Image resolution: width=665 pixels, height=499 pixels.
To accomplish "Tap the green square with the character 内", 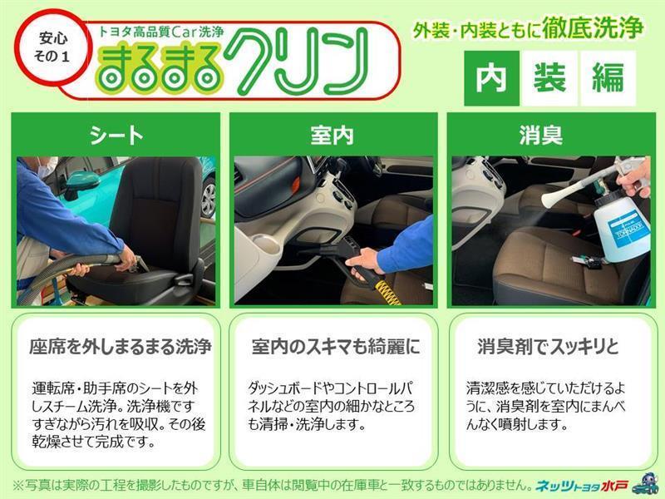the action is coord(491,78).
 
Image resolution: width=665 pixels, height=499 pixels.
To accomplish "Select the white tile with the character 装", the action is coord(549,78).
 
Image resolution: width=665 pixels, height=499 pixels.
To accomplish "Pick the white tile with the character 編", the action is coord(608,78).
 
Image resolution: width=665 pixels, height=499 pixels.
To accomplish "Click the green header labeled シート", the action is coord(116,136).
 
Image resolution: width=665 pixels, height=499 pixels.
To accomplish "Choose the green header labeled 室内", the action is coord(333,136).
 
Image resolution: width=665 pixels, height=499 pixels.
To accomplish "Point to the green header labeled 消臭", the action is coord(551,136).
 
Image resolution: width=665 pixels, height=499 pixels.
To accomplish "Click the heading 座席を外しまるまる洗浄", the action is coord(121,347).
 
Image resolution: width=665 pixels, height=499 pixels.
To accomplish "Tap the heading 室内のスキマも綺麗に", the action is coord(336,347).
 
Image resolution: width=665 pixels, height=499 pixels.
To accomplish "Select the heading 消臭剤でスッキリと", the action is coord(548,347).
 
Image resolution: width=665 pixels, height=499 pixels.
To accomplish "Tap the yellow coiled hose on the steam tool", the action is coord(386,292).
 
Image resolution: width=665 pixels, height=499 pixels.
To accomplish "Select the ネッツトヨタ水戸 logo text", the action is coord(582,486).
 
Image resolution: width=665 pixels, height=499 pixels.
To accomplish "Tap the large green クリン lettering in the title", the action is coord(297,62).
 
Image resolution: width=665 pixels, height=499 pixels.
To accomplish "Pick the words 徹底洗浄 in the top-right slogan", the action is coord(593,28).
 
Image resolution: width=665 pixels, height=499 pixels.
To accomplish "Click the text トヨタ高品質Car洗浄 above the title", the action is coord(161,32).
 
